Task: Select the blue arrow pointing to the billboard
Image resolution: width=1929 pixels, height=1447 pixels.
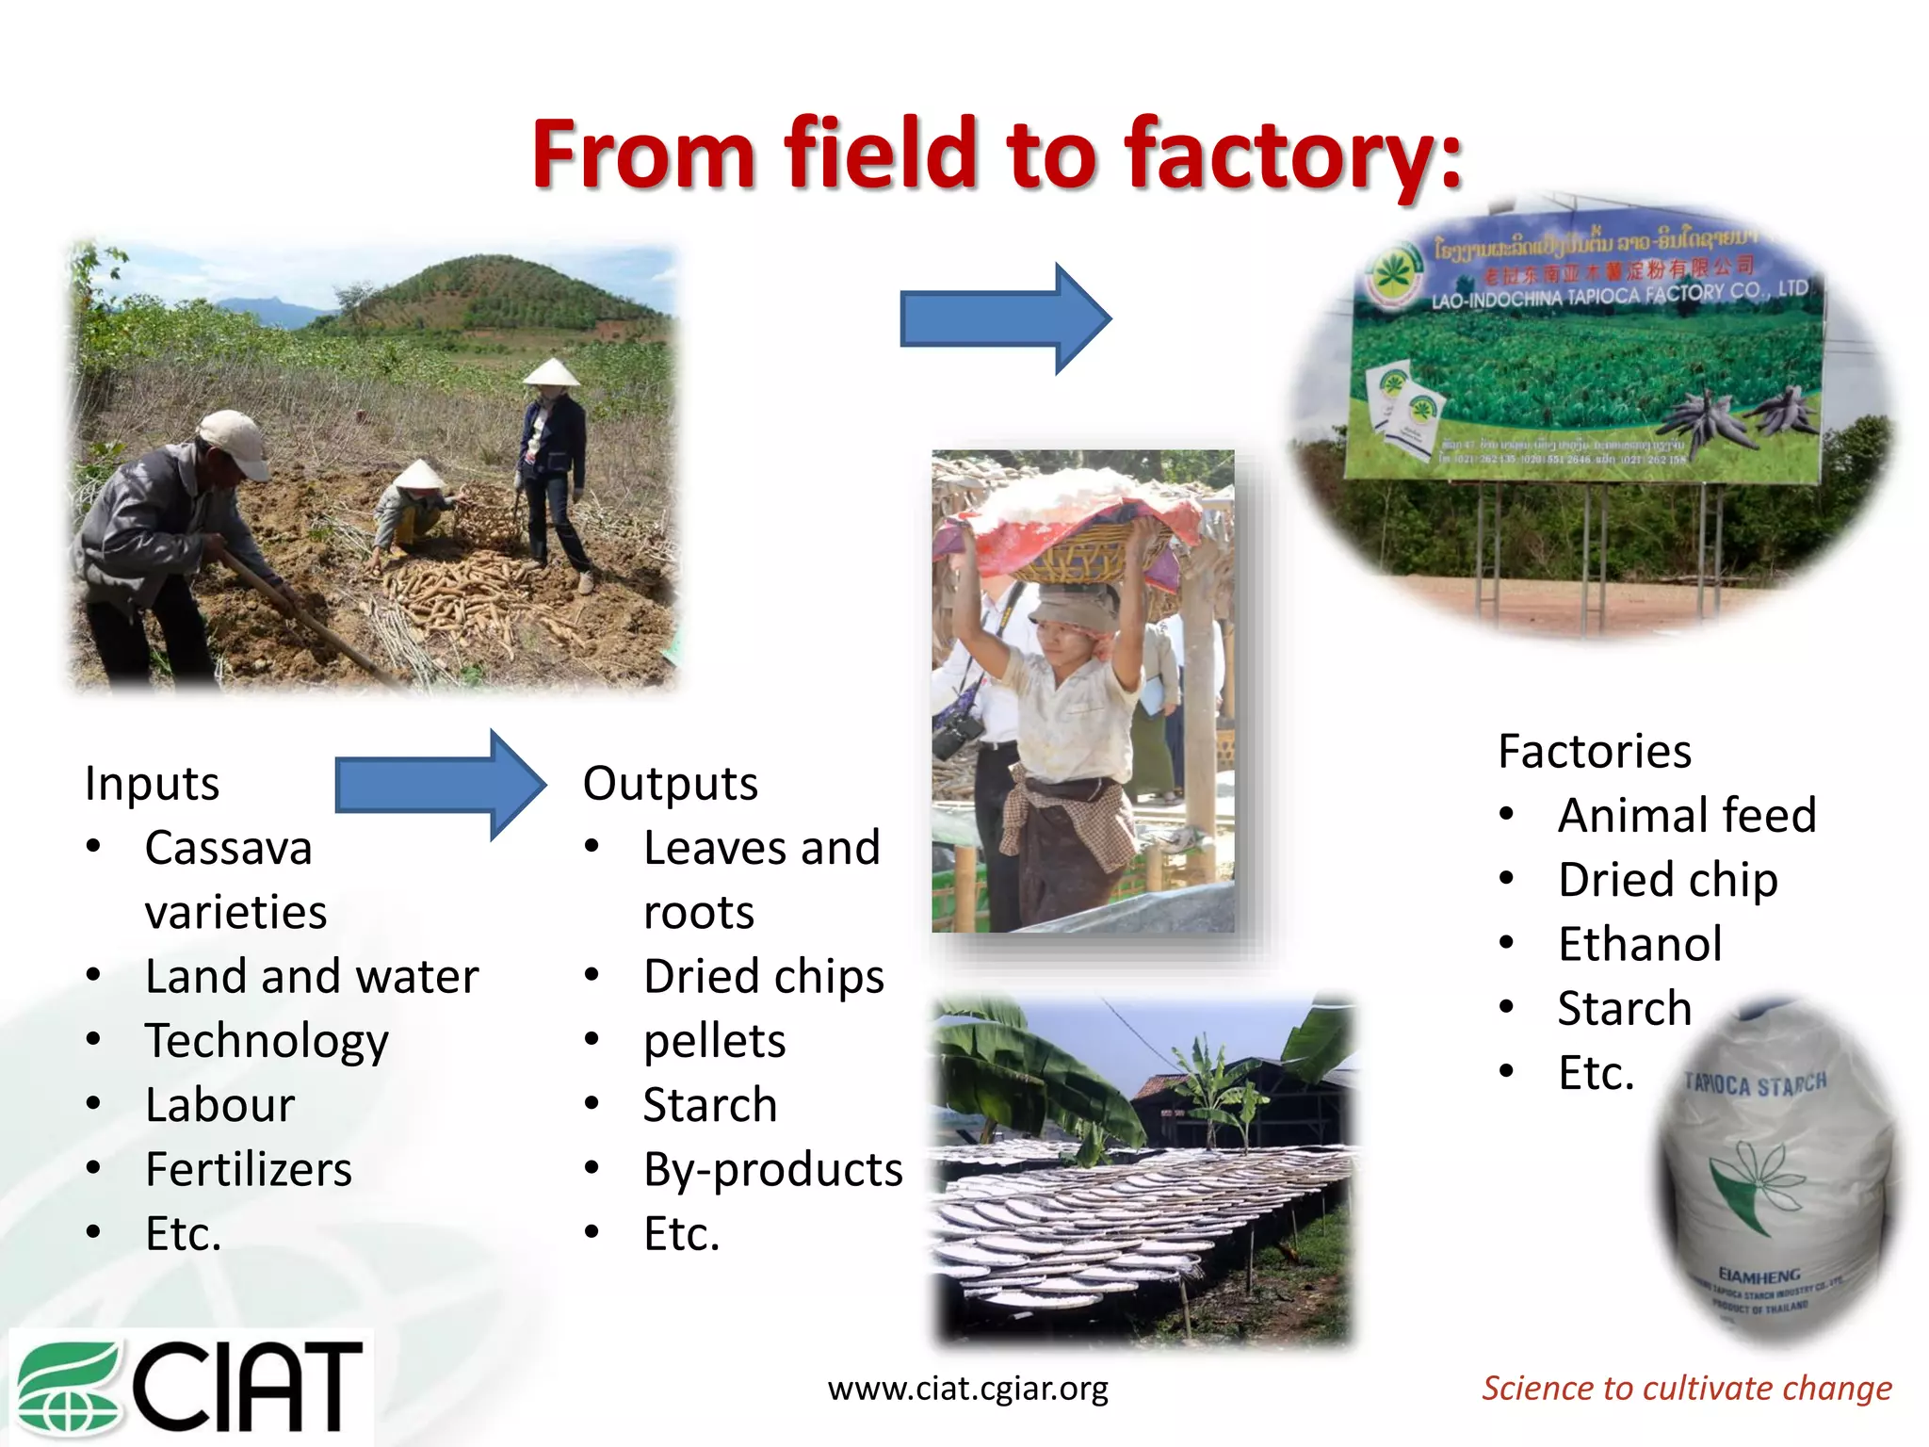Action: pyautogui.click(x=1004, y=318)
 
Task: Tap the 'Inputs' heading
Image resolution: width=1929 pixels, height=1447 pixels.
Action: pyautogui.click(x=152, y=784)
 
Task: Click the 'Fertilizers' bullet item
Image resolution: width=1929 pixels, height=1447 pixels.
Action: pyautogui.click(x=249, y=1169)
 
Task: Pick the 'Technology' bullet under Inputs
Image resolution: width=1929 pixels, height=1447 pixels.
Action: pyautogui.click(x=267, y=1041)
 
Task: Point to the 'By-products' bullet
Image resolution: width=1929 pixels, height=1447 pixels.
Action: pyautogui.click(x=772, y=1169)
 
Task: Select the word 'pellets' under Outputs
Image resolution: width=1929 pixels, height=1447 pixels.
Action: pyautogui.click(x=714, y=1041)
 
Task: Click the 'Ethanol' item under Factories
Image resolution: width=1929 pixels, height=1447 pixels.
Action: pyautogui.click(x=1640, y=944)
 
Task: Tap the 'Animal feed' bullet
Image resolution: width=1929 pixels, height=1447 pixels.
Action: pyautogui.click(x=1686, y=815)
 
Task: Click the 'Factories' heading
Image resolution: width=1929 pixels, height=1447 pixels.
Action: pyautogui.click(x=1595, y=751)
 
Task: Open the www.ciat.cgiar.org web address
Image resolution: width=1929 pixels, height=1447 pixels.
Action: pyautogui.click(x=967, y=1388)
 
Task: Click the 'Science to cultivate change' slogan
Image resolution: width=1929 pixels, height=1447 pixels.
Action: pyautogui.click(x=1686, y=1388)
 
